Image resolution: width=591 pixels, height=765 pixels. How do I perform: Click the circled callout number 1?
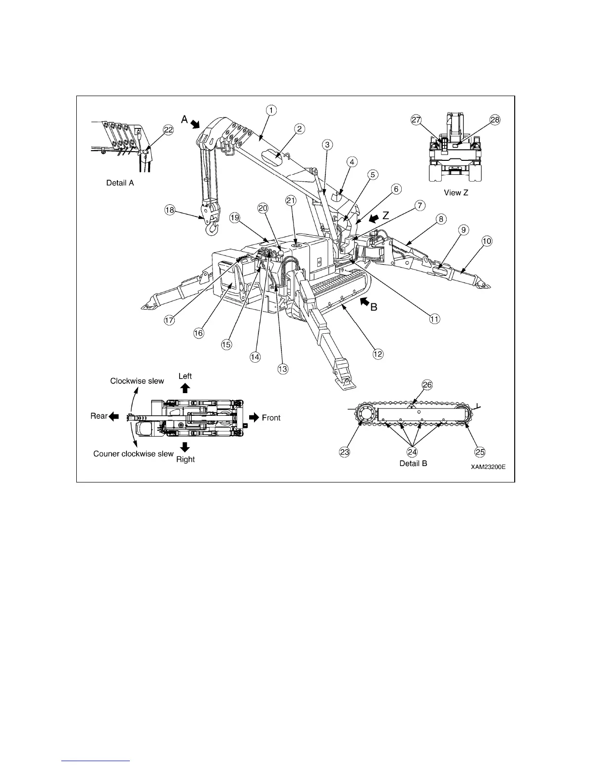(271, 110)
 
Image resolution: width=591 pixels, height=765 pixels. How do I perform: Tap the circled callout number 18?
(169, 210)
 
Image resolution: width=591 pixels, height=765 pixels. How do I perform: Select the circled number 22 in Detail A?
(168, 130)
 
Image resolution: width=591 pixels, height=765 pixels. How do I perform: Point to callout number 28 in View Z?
(495, 120)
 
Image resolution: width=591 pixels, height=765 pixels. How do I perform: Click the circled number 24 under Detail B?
(412, 452)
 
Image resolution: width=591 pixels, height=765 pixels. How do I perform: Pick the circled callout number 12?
(378, 354)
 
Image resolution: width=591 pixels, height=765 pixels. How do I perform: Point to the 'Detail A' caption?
(120, 183)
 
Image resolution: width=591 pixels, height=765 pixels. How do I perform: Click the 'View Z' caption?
(456, 192)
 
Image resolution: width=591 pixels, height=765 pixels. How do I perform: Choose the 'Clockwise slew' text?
(137, 381)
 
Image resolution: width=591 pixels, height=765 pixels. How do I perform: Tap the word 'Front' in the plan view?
(271, 417)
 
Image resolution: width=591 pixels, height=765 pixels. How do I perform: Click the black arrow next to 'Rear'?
(114, 416)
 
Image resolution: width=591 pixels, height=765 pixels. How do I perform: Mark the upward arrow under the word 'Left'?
(185, 387)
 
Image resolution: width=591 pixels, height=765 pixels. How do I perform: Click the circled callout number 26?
(427, 385)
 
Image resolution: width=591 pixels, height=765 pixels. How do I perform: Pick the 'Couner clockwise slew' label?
(133, 453)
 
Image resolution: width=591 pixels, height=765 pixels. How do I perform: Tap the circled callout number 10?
(487, 241)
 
